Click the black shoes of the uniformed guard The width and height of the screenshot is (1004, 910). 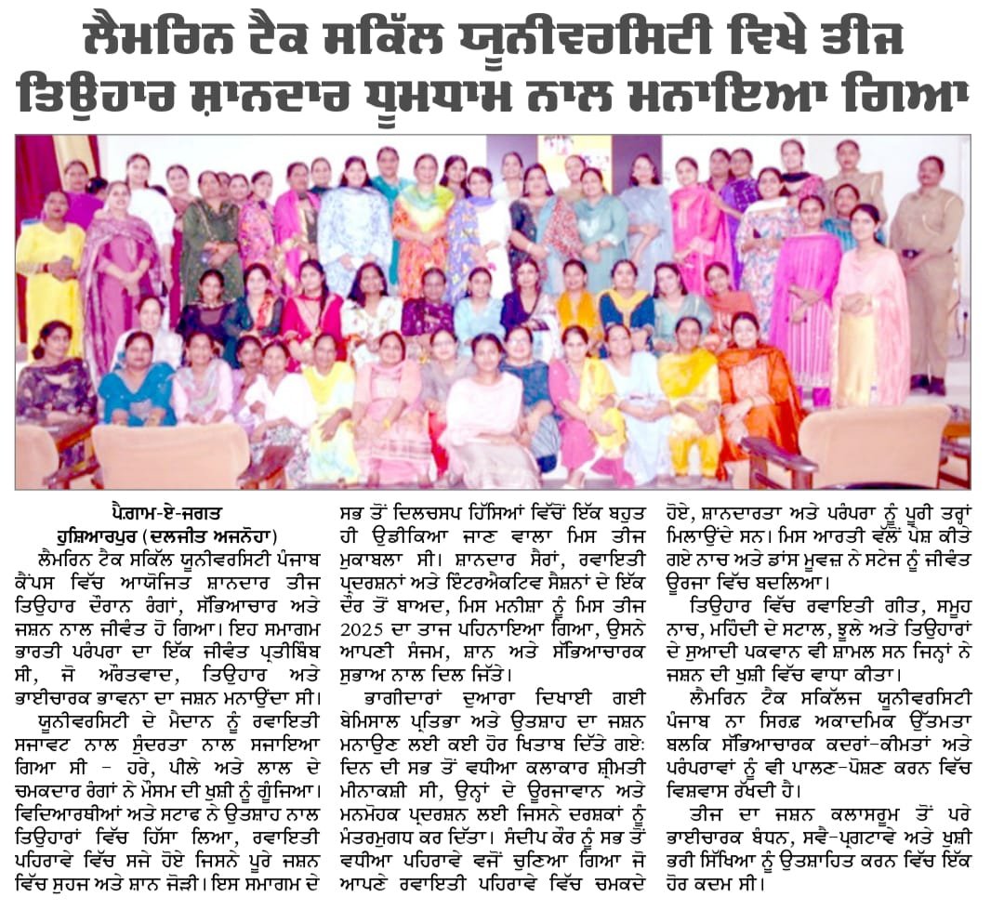pos(926,382)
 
